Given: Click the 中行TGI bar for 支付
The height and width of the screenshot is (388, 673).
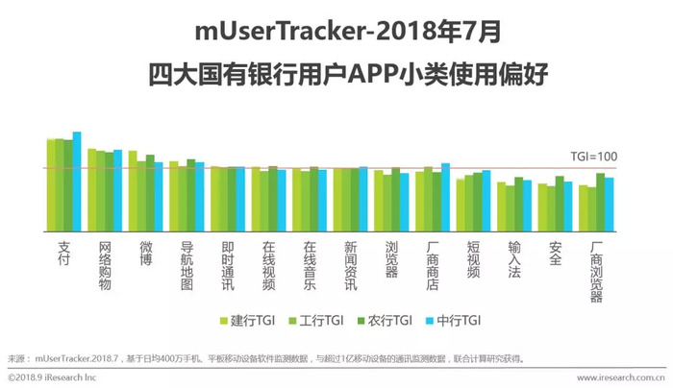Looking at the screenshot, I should pyautogui.click(x=77, y=182).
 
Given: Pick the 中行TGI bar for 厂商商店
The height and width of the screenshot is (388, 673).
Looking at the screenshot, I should pyautogui.click(x=445, y=198).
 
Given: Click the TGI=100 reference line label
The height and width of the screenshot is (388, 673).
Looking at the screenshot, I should pyautogui.click(x=595, y=157).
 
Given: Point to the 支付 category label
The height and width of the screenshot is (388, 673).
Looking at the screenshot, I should pyautogui.click(x=64, y=254).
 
